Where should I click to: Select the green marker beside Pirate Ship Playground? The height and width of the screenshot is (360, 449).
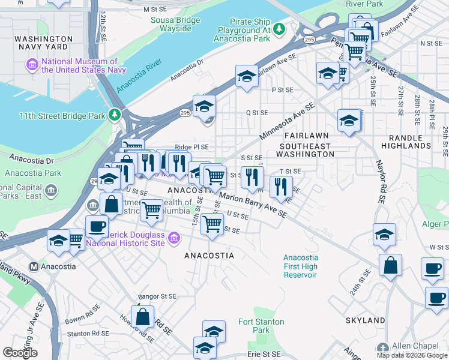click(279, 28)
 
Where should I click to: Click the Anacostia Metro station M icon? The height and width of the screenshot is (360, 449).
click(34, 266)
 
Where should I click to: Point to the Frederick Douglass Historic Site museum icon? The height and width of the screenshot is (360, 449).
click(174, 239)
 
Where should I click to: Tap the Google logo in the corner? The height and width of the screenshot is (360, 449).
click(20, 353)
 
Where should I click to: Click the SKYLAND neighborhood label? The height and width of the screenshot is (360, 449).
click(364, 320)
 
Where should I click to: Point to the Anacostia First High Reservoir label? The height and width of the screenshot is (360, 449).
click(300, 266)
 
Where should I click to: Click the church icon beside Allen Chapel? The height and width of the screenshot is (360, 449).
click(383, 347)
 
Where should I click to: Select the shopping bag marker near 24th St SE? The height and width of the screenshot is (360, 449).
click(390, 264)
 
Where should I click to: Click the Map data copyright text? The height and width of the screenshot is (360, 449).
click(412, 355)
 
